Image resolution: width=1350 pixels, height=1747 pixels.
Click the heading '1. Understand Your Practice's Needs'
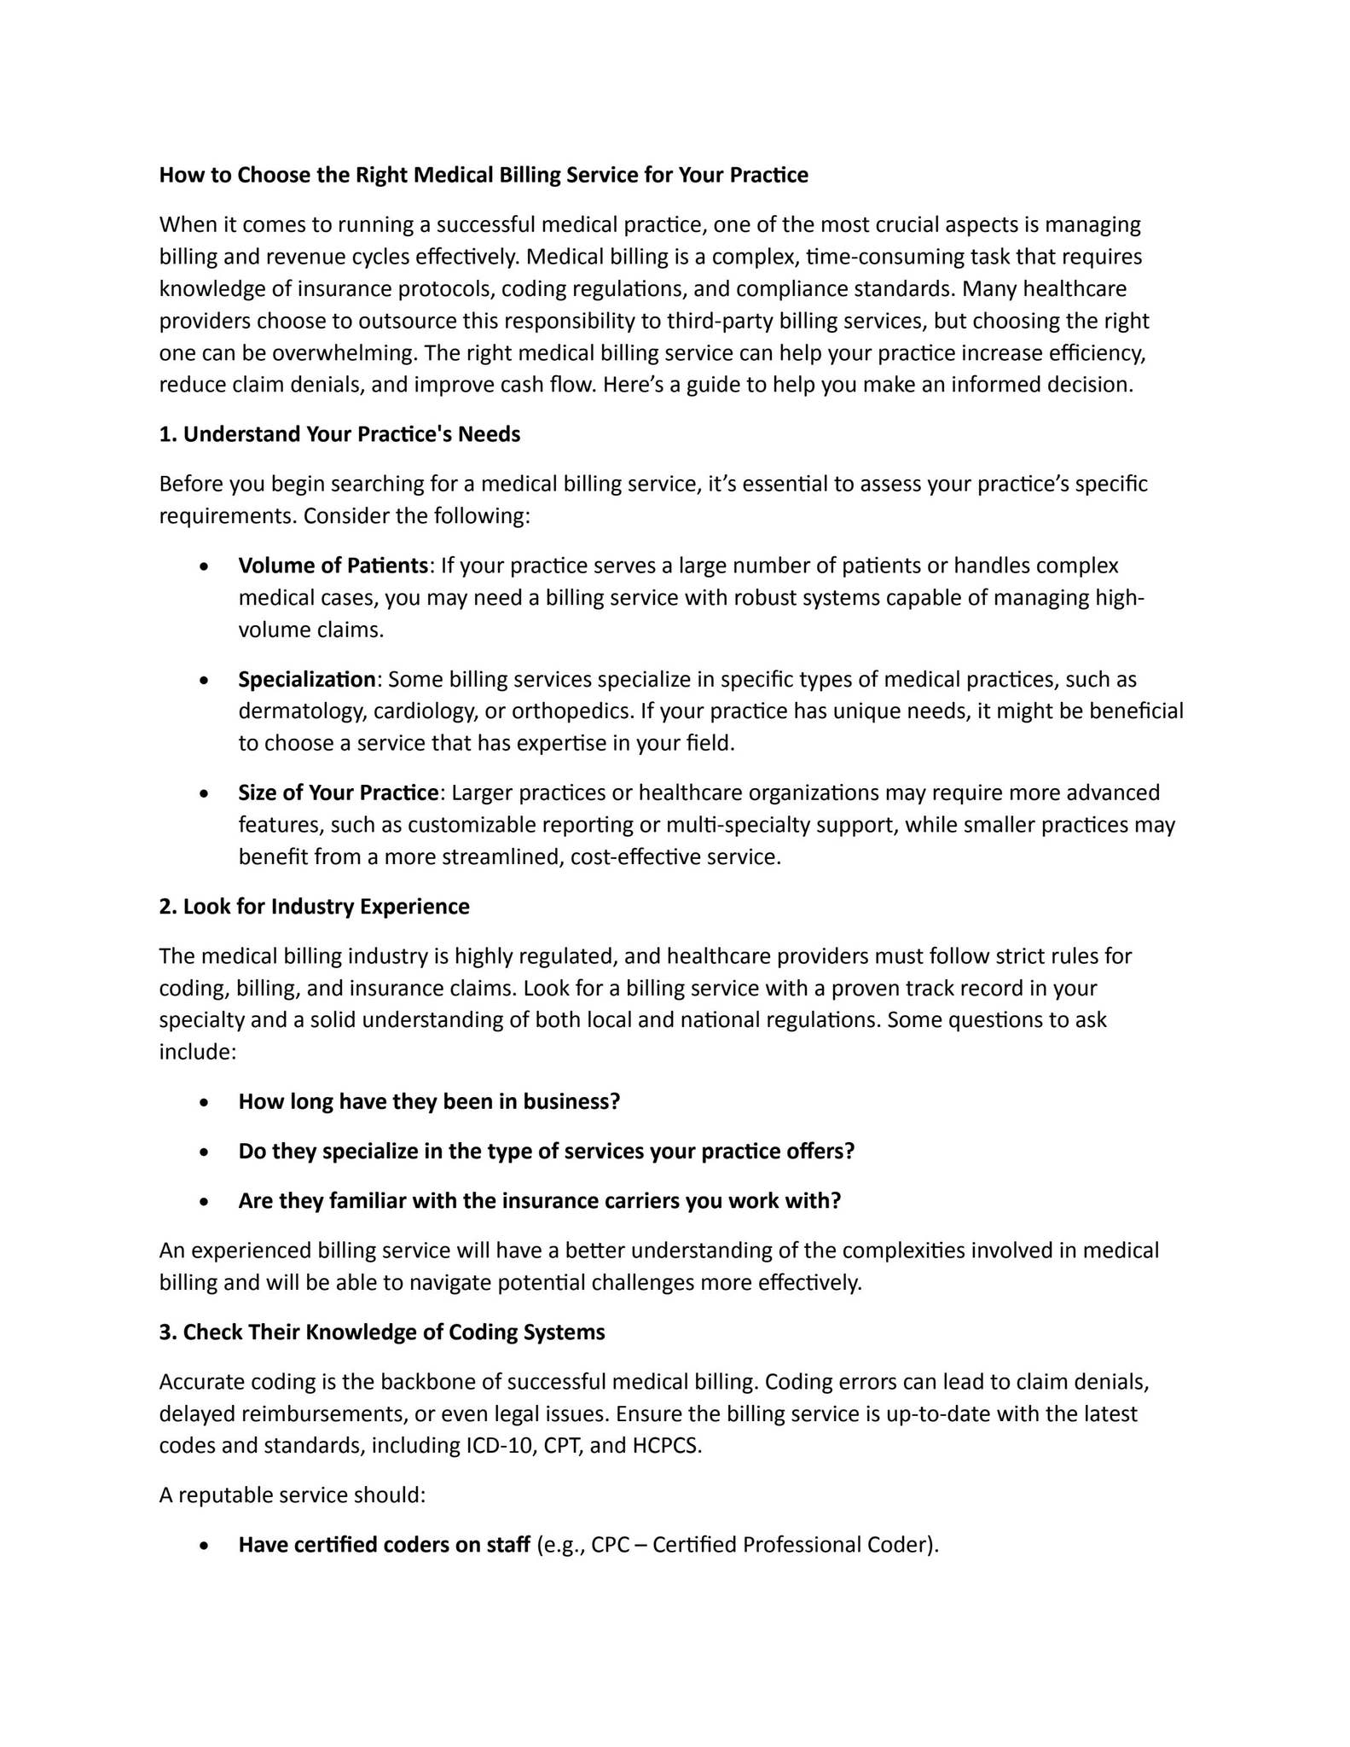click(339, 434)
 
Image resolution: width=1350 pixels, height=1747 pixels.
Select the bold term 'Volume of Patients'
click(333, 566)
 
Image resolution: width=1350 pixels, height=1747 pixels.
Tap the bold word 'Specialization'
click(307, 679)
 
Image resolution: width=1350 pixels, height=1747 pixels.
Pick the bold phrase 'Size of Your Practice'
click(338, 792)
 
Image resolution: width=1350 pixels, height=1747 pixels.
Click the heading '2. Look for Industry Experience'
click(314, 906)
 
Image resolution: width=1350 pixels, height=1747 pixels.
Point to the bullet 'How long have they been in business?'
click(429, 1101)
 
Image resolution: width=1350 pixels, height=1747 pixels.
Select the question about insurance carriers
click(539, 1200)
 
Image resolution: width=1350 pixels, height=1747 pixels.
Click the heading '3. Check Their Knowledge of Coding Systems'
click(382, 1332)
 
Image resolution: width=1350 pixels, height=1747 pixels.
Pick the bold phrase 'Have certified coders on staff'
click(384, 1544)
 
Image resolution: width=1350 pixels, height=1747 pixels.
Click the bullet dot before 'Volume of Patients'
click(203, 567)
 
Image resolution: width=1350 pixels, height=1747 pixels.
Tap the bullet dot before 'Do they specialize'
click(203, 1152)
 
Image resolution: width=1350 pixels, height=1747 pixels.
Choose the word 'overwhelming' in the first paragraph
click(343, 353)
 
